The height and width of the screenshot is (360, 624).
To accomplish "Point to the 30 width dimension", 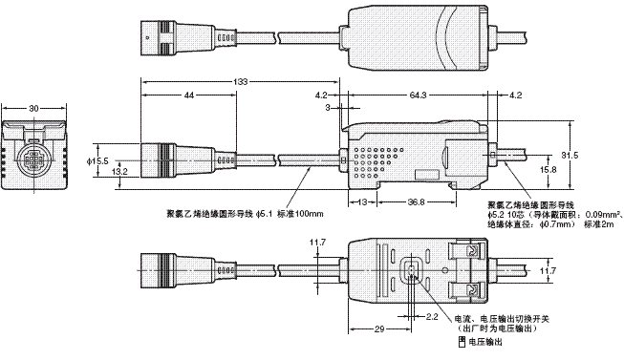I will tap(34, 110).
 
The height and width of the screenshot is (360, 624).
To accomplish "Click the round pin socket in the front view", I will tap(34, 156).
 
